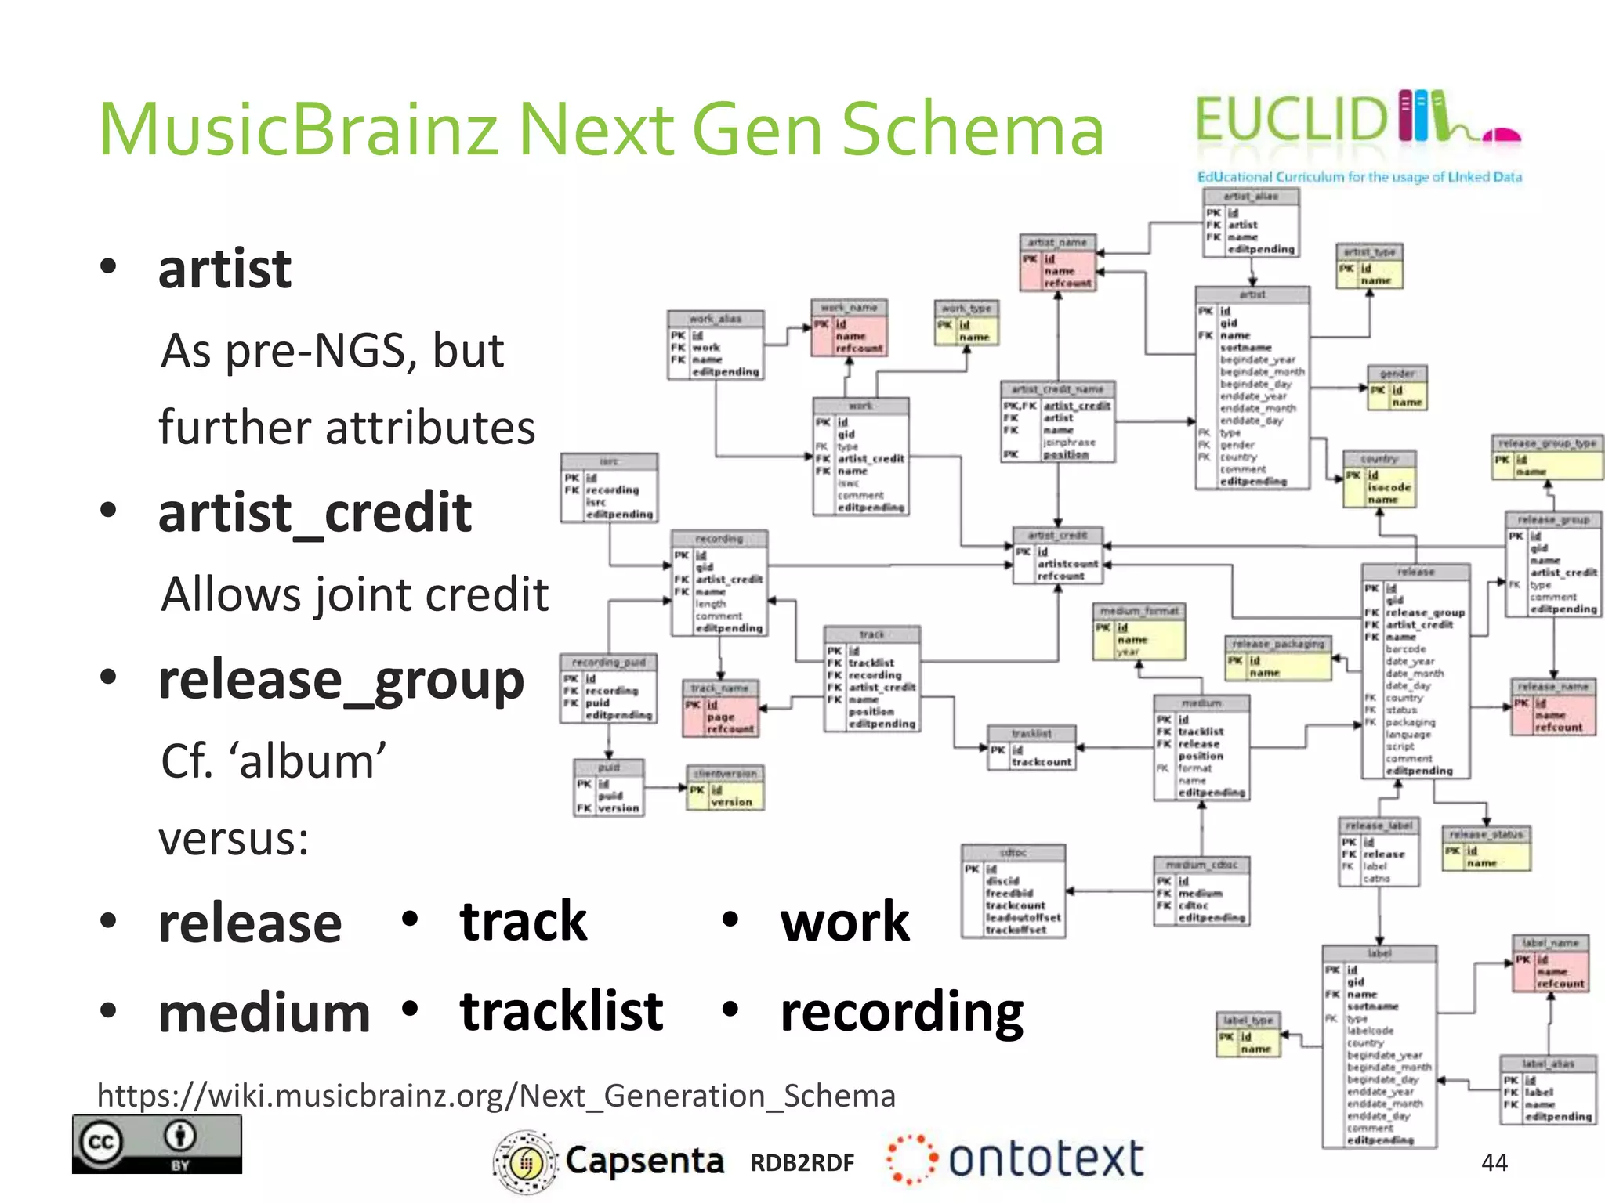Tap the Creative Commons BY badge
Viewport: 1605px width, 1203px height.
[x=157, y=1144]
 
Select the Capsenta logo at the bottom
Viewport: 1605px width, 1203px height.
[x=608, y=1161]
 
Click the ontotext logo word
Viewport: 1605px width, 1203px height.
[x=1045, y=1159]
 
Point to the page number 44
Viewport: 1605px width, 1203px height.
[x=1494, y=1162]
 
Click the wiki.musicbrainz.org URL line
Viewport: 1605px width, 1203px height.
[x=496, y=1095]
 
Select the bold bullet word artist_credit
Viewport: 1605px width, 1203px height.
[x=314, y=513]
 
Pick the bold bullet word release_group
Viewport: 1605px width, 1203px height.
[x=341, y=680]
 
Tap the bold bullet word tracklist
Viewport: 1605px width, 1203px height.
[x=561, y=1011]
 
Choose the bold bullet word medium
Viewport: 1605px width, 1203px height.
[x=264, y=1013]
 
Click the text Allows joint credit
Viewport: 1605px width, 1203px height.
[x=354, y=594]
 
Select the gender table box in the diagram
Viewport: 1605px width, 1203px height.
[x=1397, y=388]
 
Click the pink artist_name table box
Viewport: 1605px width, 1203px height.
[x=1057, y=263]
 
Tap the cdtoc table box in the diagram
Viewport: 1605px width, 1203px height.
[x=1013, y=891]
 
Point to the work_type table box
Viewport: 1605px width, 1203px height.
[x=966, y=323]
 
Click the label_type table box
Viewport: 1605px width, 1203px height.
[x=1248, y=1035]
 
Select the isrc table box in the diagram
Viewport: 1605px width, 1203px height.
[x=609, y=489]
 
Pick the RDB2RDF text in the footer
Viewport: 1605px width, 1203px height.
[x=802, y=1163]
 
